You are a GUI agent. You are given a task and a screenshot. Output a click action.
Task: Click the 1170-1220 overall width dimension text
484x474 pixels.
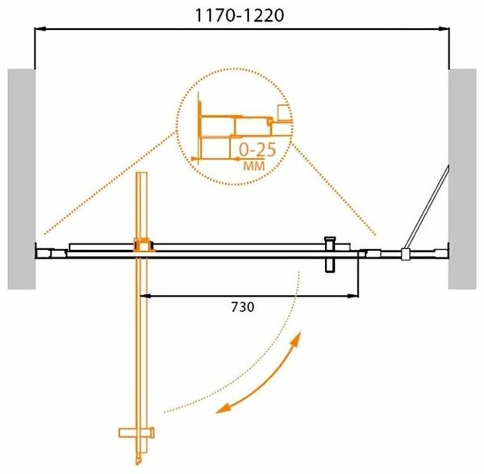pyautogui.click(x=241, y=15)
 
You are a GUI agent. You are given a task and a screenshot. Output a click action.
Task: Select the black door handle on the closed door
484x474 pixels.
pyautogui.click(x=328, y=254)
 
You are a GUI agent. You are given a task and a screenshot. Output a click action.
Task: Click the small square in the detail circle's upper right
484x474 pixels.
pyautogui.click(x=282, y=112)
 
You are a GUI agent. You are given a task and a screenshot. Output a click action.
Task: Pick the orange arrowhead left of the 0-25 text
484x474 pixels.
pyautogui.click(x=232, y=150)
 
